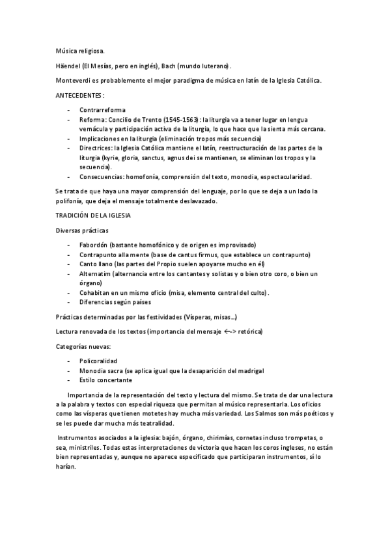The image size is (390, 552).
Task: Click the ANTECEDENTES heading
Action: click(79, 95)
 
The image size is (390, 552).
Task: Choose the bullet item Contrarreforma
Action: click(103, 110)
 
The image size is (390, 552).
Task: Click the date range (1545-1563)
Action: click(176, 120)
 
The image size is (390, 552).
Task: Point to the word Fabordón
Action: click(94, 245)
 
